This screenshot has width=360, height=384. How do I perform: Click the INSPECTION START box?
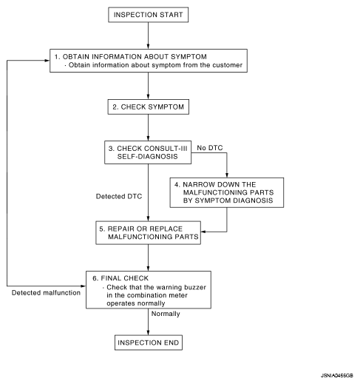[x=149, y=15]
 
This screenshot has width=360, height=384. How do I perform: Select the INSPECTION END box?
[x=149, y=343]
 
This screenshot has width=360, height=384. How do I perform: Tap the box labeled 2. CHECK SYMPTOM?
[x=149, y=107]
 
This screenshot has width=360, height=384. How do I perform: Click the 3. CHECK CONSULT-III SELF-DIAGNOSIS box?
[x=148, y=152]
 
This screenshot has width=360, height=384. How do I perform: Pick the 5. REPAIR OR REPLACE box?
[x=148, y=233]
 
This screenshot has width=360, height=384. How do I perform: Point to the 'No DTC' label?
[x=210, y=148]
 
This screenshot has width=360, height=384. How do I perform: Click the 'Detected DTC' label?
[x=119, y=196]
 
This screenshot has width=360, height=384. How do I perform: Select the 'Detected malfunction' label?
[x=46, y=293]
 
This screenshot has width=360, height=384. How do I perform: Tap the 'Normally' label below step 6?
[x=166, y=314]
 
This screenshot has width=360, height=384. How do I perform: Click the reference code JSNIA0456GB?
[x=337, y=376]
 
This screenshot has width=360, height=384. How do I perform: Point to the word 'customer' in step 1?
[x=228, y=65]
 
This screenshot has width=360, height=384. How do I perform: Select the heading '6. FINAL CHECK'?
[x=120, y=278]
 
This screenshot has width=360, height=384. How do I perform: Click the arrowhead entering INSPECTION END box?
[x=148, y=332]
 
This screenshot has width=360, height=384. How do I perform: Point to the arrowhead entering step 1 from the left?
[x=47, y=61]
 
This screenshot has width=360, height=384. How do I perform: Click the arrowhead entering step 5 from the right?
[x=204, y=232]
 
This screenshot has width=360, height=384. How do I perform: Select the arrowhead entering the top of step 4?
[x=227, y=175]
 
